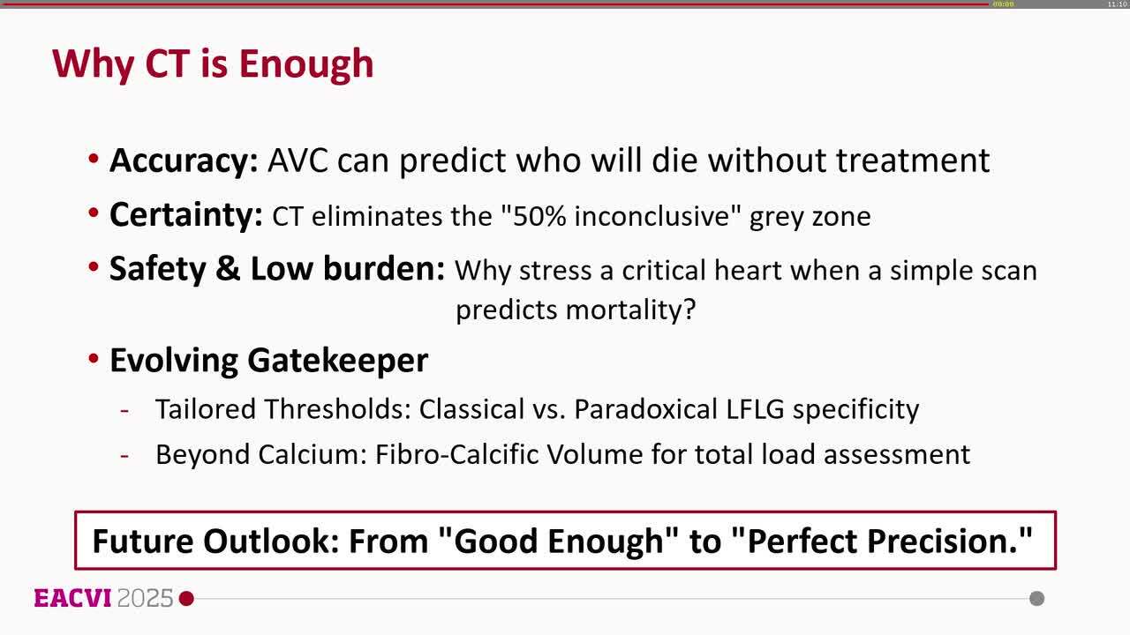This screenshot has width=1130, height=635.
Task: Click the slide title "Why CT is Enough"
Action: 213,63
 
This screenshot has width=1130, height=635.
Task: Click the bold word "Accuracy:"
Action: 183,161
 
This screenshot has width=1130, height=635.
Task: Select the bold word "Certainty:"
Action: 185,215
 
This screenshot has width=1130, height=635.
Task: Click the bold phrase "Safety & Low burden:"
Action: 277,270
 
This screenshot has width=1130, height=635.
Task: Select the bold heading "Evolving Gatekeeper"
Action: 268,360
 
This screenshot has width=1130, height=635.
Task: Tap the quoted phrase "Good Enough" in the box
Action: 558,541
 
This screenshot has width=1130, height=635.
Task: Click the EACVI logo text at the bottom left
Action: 72,598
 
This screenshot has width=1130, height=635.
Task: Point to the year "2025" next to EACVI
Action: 145,598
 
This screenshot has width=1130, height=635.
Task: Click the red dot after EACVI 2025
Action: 186,599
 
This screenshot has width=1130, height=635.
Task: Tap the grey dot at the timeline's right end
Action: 1037,599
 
